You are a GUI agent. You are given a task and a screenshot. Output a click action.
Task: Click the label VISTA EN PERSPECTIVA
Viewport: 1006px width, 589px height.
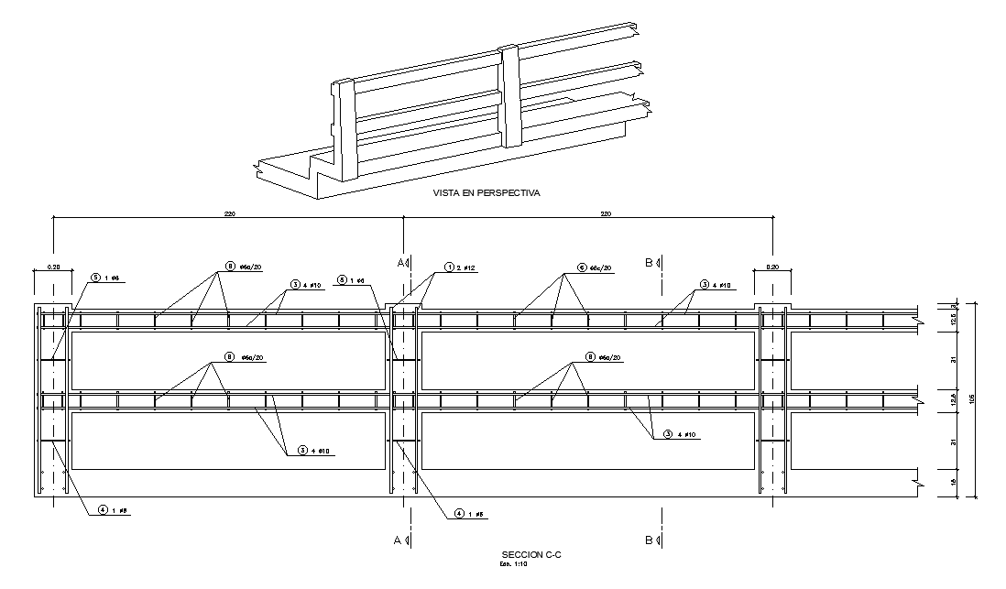pos(487,193)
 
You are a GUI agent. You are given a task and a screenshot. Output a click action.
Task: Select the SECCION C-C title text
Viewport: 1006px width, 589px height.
pos(530,555)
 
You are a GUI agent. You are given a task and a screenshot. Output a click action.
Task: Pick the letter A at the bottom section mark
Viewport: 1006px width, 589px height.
pos(399,540)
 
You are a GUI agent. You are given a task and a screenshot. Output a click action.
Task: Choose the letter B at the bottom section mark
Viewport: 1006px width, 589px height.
pos(649,540)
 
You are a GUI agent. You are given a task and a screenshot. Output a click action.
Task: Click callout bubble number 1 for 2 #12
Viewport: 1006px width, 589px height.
pos(450,267)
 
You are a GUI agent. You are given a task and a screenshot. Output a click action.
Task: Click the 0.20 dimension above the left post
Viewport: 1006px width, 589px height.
pos(52,268)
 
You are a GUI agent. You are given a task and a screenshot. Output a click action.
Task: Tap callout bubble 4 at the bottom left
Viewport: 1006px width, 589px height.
pos(104,510)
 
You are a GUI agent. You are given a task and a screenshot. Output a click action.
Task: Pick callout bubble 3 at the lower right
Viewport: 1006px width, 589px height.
pos(668,434)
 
